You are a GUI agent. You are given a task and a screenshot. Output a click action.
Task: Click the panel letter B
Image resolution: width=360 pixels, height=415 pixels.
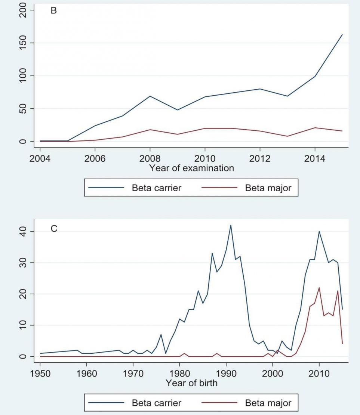coord(54,11)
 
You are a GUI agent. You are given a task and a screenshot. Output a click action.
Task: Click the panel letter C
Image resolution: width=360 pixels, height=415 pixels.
coord(54,229)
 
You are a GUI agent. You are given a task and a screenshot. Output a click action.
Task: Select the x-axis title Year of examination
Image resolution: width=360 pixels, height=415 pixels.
coord(191,168)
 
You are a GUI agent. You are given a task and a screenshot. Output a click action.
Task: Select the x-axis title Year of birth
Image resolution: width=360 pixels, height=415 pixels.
coord(191,383)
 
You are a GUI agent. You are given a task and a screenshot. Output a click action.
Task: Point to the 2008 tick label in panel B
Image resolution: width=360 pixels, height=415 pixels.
coord(150,158)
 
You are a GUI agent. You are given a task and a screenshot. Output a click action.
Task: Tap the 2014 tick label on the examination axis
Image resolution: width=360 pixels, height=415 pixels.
coord(315,158)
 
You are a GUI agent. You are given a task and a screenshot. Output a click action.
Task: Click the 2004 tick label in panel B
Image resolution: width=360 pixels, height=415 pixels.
coord(40,158)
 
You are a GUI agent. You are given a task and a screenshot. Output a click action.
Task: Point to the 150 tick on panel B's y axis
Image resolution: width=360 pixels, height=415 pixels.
coord(23,43)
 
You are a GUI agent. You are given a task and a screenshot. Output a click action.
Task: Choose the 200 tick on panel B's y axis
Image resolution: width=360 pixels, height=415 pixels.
coord(23,10)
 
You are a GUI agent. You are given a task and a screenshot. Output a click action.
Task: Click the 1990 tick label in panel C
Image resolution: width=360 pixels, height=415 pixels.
coord(226,373)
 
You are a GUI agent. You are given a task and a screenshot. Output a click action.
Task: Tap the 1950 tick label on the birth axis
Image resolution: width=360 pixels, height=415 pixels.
coord(40,373)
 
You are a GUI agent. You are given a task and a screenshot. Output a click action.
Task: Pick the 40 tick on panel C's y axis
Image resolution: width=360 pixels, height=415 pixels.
coord(23,232)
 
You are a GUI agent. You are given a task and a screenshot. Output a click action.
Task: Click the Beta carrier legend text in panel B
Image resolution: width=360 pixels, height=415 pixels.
coord(156,188)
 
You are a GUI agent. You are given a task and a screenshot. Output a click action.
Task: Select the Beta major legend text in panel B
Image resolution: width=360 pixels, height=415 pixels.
coord(268,188)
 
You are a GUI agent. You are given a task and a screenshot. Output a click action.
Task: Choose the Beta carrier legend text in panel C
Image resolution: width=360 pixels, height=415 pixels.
coord(156,403)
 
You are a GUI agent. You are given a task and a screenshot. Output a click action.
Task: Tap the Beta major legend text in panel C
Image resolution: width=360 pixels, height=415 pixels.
coord(268,403)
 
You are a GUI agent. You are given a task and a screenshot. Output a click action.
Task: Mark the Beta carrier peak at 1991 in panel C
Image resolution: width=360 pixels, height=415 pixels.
coord(231,225)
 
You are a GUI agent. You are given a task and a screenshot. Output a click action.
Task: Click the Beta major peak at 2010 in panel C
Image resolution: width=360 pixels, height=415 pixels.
coord(319,288)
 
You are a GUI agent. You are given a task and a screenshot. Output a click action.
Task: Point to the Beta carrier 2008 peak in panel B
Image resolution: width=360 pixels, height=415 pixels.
coord(150,96)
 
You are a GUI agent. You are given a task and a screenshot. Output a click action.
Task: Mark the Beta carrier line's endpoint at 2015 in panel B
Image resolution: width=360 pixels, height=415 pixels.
coord(342,35)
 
